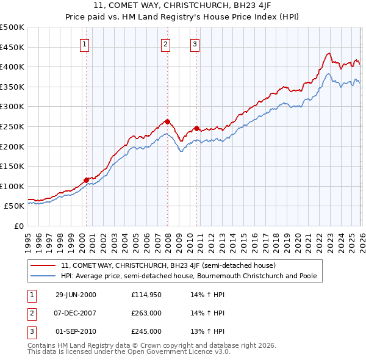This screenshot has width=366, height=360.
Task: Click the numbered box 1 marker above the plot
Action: coord(84,43)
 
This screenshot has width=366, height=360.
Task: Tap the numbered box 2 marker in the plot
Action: coord(165,43)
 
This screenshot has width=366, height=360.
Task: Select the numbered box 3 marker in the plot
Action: coord(195,43)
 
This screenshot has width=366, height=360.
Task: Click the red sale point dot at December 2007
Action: coord(167,121)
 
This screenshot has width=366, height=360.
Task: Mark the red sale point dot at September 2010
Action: coord(196,129)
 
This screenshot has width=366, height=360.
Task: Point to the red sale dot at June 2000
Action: coord(86,180)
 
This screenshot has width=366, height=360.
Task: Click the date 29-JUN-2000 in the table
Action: coord(76,295)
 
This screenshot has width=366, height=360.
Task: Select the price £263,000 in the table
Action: coord(146,313)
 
